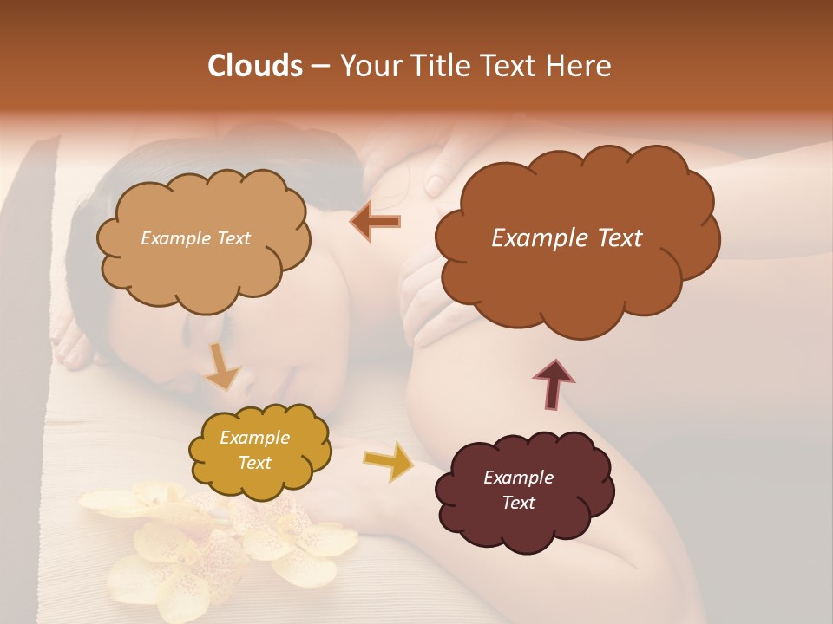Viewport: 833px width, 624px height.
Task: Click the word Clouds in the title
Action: (x=255, y=66)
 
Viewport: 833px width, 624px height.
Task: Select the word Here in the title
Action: (x=580, y=66)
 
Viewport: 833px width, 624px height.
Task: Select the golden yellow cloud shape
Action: (x=259, y=451)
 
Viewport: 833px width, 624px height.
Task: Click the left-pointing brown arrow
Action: (x=375, y=222)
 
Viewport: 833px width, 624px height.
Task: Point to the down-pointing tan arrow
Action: (x=222, y=367)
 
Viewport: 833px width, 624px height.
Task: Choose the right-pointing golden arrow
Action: (x=388, y=463)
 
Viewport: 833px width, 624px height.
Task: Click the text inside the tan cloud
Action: (x=195, y=238)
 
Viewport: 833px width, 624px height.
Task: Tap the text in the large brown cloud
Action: (x=567, y=238)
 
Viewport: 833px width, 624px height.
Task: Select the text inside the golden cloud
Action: (x=254, y=451)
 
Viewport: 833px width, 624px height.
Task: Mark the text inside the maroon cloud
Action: (x=518, y=490)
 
